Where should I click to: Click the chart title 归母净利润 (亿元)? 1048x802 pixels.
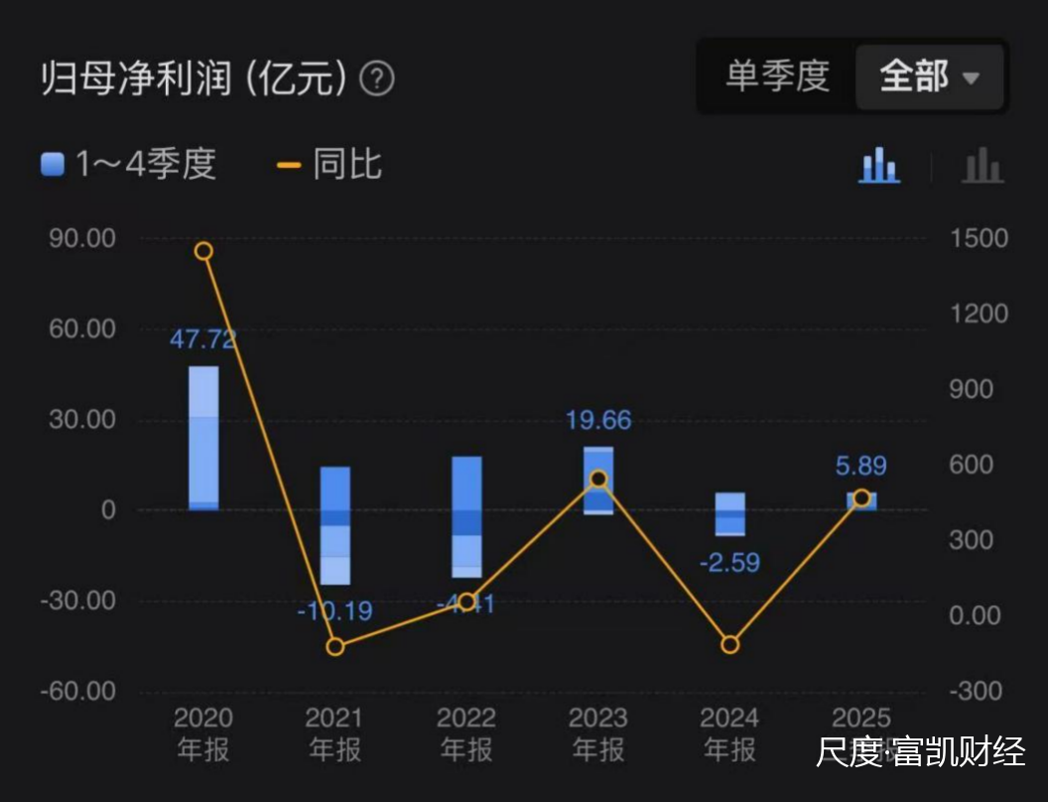pos(195,78)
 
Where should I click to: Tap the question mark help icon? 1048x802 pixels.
pos(377,78)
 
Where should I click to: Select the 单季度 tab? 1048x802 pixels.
pos(777,76)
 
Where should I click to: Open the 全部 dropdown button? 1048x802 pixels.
pos(929,76)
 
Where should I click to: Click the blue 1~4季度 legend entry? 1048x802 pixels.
pos(129,164)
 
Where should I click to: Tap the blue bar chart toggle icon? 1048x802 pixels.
pos(879,165)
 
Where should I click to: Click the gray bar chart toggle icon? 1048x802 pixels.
pos(982,165)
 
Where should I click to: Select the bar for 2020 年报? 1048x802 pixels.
pos(203,438)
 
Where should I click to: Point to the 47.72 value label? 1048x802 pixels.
pos(203,339)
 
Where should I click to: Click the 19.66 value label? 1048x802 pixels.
pos(598,420)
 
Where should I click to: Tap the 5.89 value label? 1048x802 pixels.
pos(860,466)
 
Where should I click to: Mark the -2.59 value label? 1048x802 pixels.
pos(729,563)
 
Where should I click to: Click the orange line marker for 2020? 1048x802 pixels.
pos(203,251)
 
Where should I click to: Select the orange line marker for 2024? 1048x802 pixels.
pos(730,645)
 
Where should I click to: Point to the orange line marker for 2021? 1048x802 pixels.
pos(335,646)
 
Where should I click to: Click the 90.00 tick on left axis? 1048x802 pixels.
pos(82,238)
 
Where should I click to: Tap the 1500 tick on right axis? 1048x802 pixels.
pos(978,238)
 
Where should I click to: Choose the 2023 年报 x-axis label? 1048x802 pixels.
pos(598,734)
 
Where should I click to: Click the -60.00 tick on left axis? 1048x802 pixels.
pos(78,691)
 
